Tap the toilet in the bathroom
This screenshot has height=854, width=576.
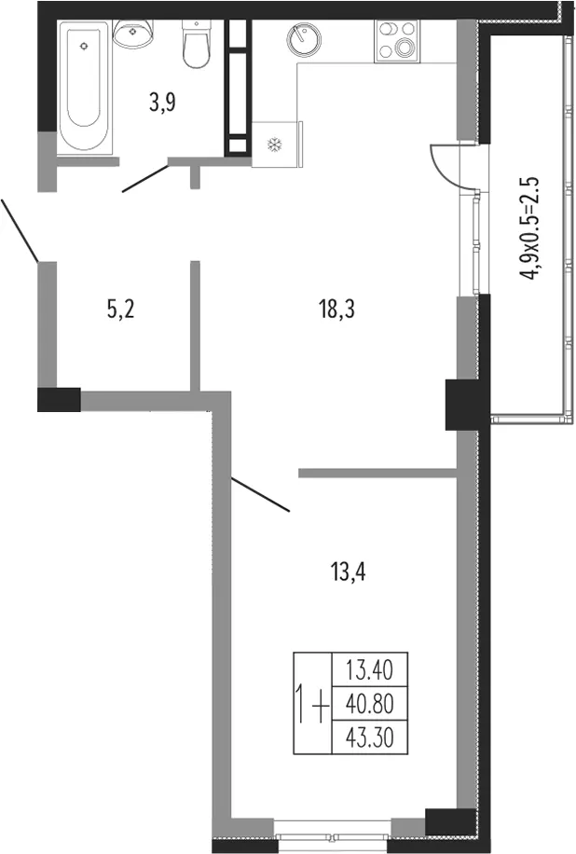(197, 44)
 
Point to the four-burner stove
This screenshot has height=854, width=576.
(397, 41)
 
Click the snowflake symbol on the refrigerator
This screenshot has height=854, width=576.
(275, 145)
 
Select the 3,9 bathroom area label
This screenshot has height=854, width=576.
(162, 102)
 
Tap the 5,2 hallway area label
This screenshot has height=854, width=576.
(120, 310)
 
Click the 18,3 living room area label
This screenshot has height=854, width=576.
(336, 310)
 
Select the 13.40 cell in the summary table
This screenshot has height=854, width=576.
(370, 669)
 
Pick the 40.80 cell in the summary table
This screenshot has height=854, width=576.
(370, 704)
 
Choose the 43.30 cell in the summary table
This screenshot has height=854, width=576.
(370, 737)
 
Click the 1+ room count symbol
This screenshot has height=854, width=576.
(312, 704)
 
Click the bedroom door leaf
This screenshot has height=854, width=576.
(260, 495)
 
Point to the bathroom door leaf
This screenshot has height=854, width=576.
(145, 179)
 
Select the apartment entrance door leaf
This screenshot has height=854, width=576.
(19, 230)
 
